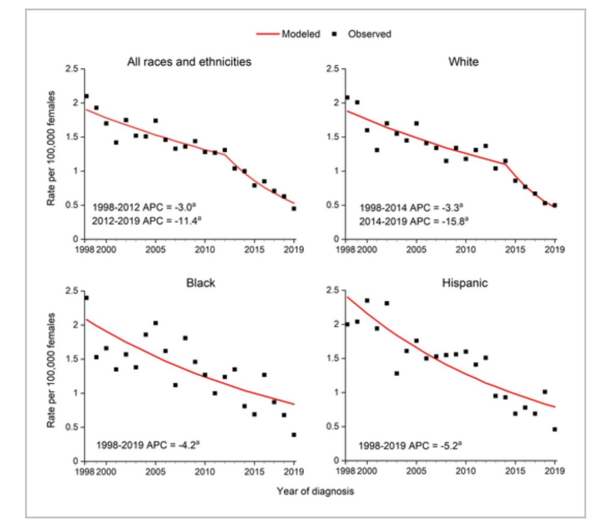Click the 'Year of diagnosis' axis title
tap(315, 491)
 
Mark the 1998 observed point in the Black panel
tap(86, 298)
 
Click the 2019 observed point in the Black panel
tap(294, 435)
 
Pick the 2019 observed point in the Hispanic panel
tap(555, 429)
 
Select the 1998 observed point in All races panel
tap(86, 96)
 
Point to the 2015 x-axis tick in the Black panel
tap(254, 471)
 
